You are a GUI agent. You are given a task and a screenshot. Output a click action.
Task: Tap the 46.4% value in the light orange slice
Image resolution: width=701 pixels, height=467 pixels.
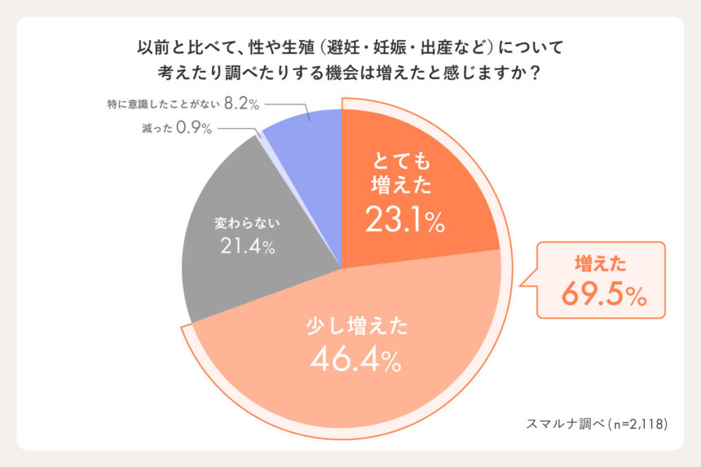click(x=355, y=359)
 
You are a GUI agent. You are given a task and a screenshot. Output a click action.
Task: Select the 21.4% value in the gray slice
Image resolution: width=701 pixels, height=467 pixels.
click(x=247, y=245)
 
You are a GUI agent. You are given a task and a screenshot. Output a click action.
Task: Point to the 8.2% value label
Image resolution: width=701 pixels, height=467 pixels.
click(x=241, y=104)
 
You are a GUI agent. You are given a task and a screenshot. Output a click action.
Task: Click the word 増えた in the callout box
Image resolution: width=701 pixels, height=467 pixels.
click(x=601, y=263)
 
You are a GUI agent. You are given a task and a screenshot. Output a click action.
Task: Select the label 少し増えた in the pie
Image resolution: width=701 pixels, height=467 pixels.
click(x=356, y=327)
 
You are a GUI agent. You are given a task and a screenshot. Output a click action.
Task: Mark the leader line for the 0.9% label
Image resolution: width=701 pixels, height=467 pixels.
click(x=236, y=129)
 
